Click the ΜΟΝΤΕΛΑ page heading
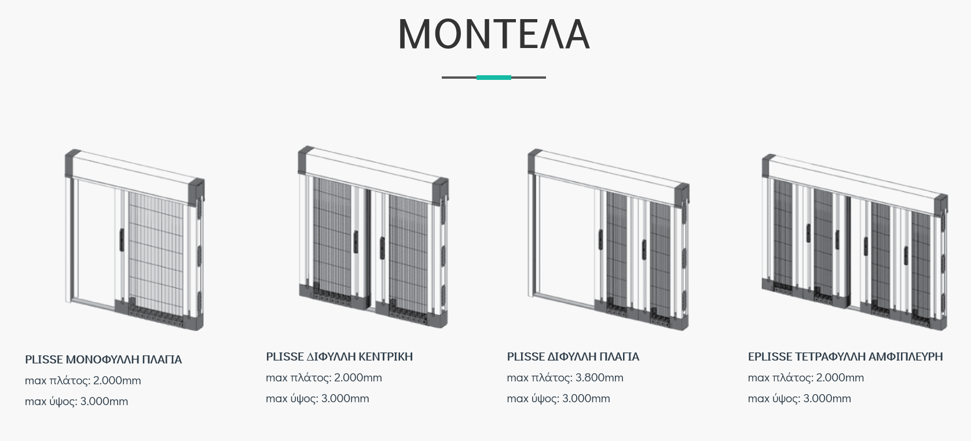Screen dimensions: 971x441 494,34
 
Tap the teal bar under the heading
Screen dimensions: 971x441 494,78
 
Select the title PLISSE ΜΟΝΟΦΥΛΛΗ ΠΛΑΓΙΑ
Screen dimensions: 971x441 103,359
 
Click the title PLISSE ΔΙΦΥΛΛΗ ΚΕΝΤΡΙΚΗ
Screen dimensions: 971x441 339,357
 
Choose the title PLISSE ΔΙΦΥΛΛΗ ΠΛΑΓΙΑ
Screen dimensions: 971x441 573,357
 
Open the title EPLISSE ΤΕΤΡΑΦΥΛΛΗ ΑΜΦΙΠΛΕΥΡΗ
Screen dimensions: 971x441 845,357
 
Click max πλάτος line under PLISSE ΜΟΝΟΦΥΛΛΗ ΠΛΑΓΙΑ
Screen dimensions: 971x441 83,381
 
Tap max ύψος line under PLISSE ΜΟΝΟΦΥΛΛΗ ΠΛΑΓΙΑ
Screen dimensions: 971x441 76,402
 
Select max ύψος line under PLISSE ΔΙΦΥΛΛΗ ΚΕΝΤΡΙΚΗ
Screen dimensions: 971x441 317,399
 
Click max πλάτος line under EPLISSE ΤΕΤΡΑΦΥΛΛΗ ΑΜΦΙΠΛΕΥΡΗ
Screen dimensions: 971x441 806,378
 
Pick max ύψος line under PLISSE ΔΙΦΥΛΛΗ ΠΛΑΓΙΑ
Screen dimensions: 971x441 558,399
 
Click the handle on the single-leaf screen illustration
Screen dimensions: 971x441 122,240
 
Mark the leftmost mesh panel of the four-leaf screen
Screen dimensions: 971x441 783,234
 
